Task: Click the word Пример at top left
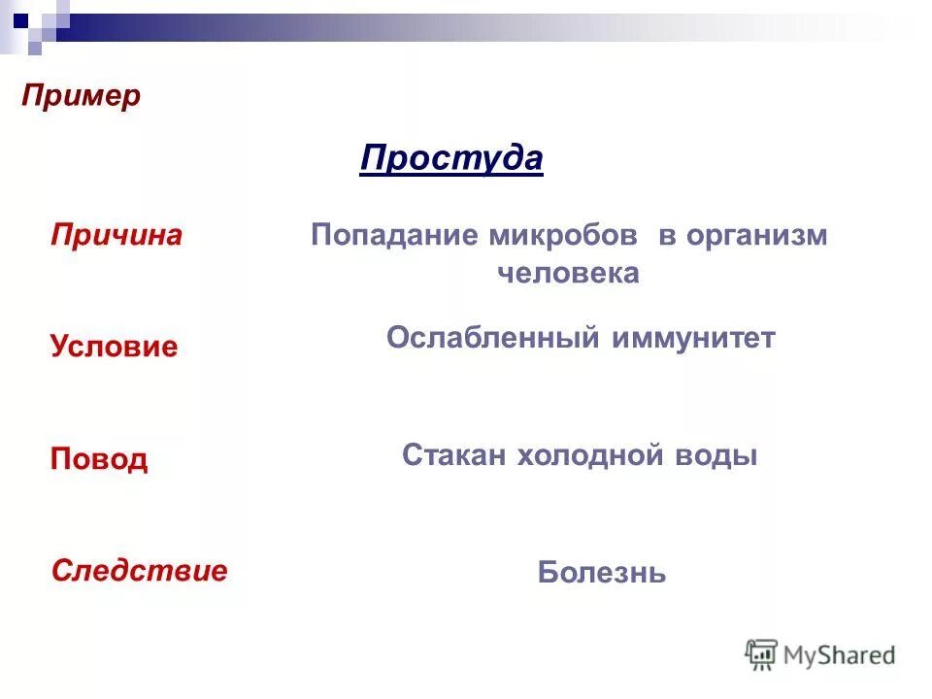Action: pos(82,96)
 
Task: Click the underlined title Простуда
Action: pos(451,157)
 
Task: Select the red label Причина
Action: pos(116,236)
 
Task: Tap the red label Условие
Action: pos(114,347)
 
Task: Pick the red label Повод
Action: pos(99,458)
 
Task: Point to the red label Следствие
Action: pos(139,570)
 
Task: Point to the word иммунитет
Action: pos(693,338)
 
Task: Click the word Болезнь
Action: pos(602,573)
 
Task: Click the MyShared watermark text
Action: pos(840,655)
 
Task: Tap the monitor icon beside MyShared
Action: pos(762,654)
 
